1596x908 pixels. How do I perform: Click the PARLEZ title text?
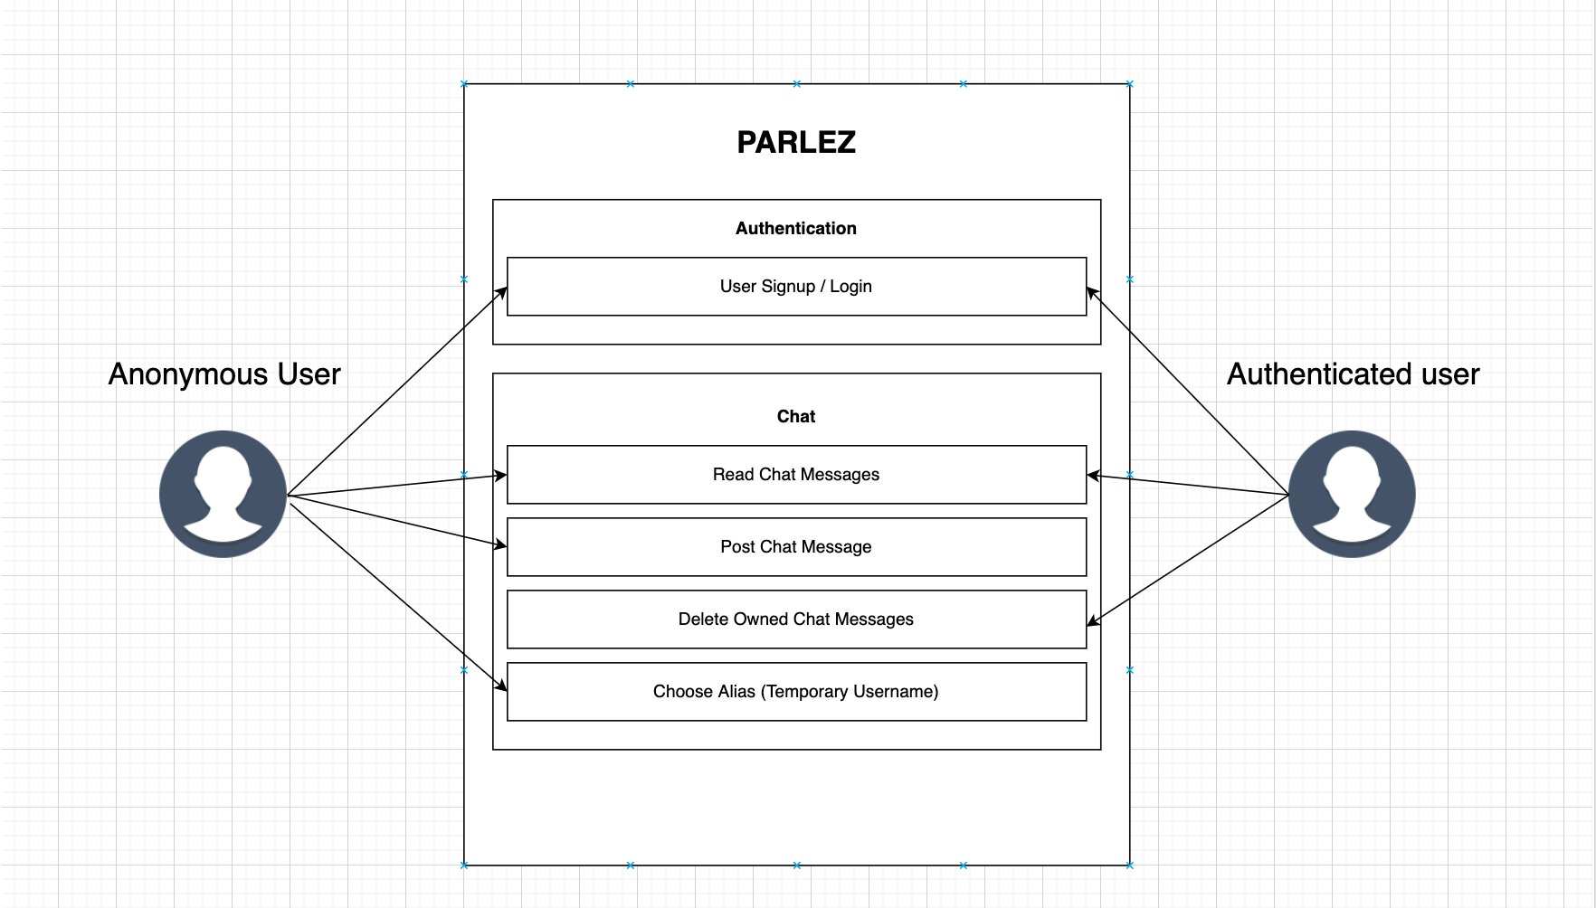(796, 142)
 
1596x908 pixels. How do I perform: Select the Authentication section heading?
(796, 229)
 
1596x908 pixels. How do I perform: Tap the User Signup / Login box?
(796, 287)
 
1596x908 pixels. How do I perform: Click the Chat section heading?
(796, 417)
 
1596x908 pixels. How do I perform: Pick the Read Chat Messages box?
(796, 475)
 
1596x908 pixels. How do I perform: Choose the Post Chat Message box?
(796, 547)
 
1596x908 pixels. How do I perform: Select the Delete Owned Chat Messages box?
(796, 620)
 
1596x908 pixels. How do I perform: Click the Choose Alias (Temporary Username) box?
(796, 692)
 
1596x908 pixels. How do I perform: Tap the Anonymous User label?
(224, 374)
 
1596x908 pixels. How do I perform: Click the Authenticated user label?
(1353, 374)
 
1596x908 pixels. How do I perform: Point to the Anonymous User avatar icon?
(223, 494)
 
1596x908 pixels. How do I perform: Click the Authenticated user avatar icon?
(1352, 494)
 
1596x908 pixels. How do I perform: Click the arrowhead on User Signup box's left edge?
(501, 292)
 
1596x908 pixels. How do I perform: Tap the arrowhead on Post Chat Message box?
(500, 544)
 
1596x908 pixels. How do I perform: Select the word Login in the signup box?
(850, 287)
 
